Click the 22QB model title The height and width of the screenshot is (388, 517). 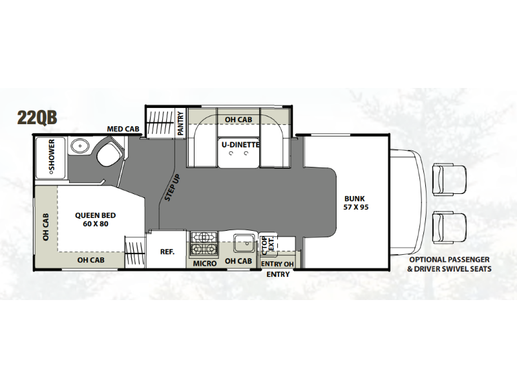pos(37,117)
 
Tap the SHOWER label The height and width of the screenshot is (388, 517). pos(52,156)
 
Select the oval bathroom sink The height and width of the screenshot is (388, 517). pos(79,146)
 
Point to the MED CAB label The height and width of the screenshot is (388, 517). pos(123,129)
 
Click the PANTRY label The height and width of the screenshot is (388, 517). pos(180,124)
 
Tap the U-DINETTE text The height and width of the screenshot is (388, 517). pos(240,144)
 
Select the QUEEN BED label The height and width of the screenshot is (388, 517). pos(95,215)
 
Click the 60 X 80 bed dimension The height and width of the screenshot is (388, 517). pos(96,224)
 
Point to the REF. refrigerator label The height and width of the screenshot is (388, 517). pos(167,252)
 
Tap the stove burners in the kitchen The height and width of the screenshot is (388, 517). pos(204,244)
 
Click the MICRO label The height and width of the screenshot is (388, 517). pos(205,263)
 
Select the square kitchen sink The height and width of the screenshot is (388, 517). pos(244,244)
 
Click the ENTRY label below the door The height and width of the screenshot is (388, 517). pos(278,274)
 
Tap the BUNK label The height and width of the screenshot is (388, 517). pos(355,199)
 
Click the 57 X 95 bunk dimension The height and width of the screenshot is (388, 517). pos(356,207)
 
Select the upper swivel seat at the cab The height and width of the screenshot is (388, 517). pos(449,180)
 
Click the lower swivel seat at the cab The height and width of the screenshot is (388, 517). pos(449,228)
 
